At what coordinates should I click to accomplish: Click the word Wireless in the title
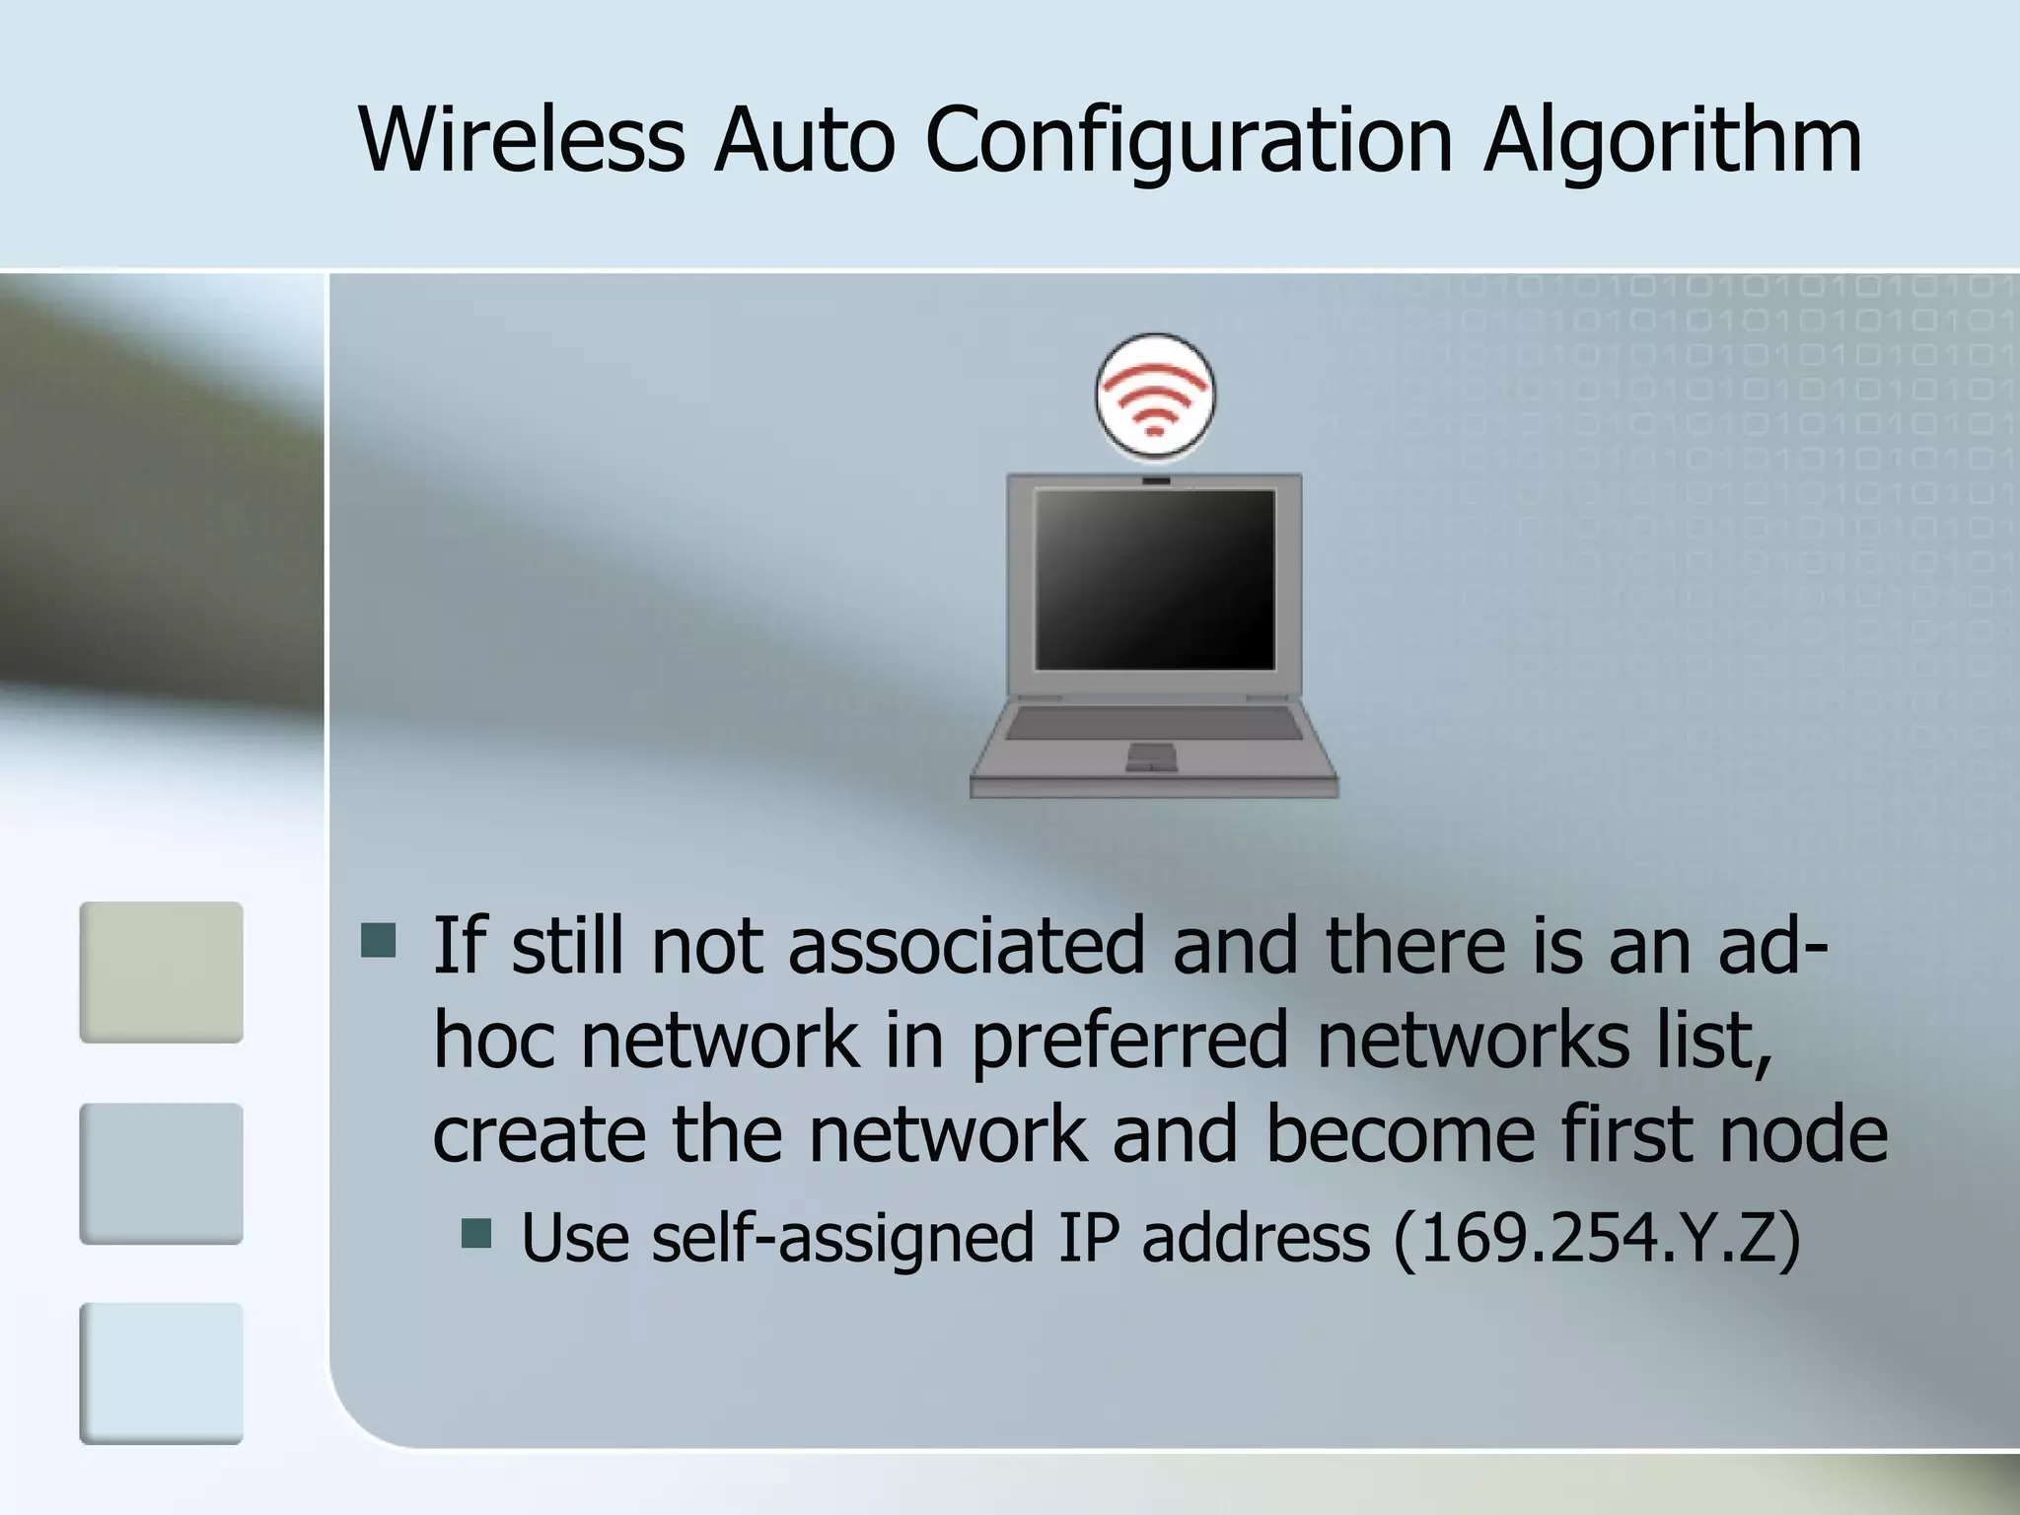[522, 140]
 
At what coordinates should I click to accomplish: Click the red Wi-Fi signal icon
[1155, 397]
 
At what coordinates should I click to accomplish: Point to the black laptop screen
[1155, 579]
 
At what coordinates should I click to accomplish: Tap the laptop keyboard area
[1154, 723]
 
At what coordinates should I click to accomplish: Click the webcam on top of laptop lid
[1156, 481]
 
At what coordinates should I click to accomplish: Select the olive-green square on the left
[162, 972]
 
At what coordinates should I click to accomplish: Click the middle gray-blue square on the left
[162, 1173]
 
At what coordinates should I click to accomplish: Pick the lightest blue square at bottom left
[162, 1373]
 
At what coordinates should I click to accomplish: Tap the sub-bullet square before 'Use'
[476, 1233]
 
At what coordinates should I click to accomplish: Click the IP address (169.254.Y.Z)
[1598, 1238]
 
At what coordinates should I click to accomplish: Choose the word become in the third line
[1400, 1134]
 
